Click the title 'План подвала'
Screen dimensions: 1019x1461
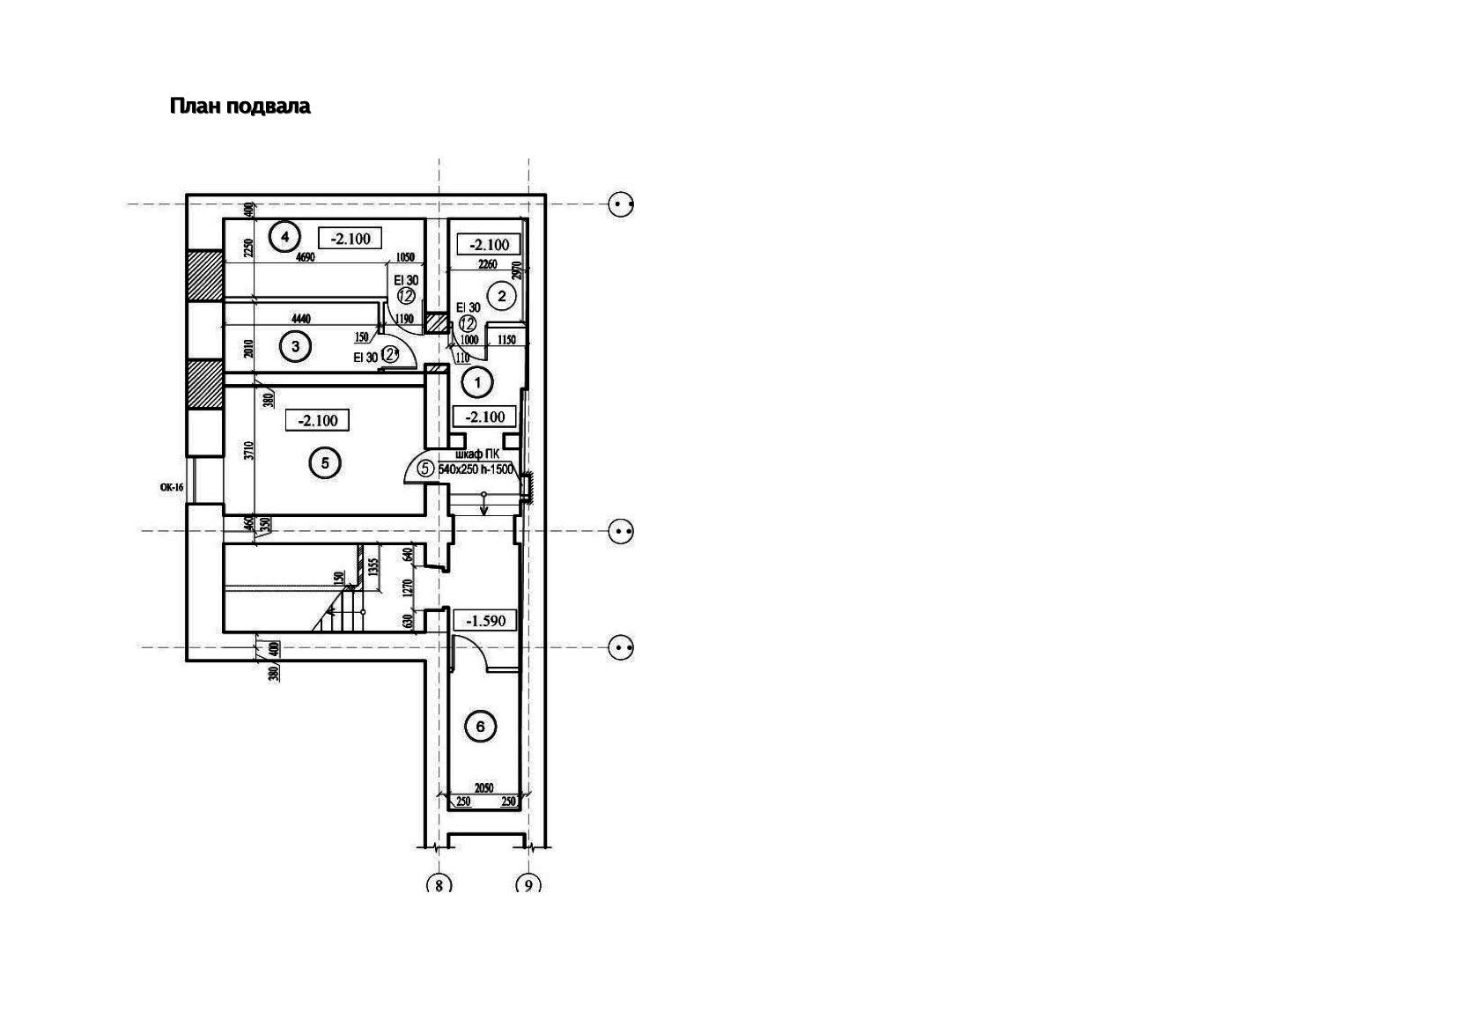point(240,107)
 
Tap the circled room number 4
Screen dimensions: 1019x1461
point(284,236)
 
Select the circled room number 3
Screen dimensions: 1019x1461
point(295,347)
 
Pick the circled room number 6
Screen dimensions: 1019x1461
point(480,727)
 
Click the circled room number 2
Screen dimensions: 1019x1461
point(502,296)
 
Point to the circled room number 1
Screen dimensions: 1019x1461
point(478,382)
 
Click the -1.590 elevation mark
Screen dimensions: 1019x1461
point(486,621)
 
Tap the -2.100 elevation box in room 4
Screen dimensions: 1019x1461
point(350,238)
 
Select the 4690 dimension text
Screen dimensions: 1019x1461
point(305,258)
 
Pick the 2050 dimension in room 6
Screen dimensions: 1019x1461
point(483,788)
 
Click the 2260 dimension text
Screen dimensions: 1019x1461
point(486,264)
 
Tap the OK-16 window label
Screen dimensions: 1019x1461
point(171,486)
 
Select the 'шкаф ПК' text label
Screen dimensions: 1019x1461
point(483,454)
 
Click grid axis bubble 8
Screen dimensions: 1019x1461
point(439,884)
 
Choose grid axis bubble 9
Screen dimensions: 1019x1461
point(528,884)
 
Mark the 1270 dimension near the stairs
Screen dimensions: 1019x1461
point(408,587)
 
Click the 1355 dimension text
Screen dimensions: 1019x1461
point(373,566)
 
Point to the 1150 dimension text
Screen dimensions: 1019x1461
point(506,340)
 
